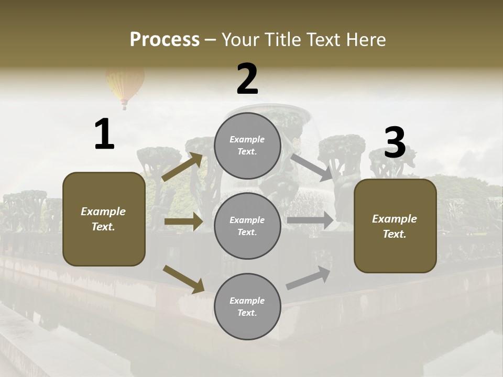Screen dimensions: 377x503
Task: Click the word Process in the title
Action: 165,40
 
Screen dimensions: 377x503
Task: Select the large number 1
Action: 104,135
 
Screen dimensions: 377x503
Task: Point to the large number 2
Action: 247,79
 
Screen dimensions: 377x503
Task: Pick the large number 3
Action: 395,143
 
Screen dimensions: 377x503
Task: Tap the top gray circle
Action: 247,146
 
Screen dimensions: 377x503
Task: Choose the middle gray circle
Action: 247,226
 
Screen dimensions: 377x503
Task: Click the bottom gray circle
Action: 247,306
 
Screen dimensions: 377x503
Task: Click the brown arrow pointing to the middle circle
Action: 183,221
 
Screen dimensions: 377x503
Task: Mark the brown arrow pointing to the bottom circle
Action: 183,279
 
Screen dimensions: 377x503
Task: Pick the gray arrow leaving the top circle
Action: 311,167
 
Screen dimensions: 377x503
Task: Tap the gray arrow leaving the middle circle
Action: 310,220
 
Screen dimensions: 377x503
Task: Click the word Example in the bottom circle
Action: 247,301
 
